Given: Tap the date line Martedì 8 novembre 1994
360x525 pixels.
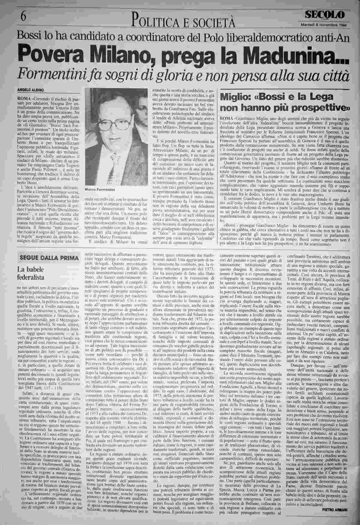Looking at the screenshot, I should (x=323, y=25).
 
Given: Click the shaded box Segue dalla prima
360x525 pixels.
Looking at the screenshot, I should (x=49, y=258).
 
